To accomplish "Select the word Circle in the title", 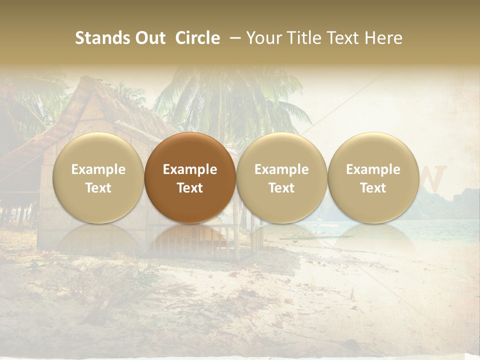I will pos(197,38).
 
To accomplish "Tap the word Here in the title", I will pos(383,38).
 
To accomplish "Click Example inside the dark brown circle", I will pos(190,169).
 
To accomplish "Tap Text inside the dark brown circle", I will pos(190,188).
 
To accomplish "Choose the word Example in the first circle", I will pos(98,169).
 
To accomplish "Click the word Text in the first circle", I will pos(98,188).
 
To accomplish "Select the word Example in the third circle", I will pos(281,169).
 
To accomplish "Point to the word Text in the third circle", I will pos(281,188).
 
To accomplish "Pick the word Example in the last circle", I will pos(373,169).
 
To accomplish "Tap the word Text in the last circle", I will pos(373,188).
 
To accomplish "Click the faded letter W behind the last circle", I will pos(433,175).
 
